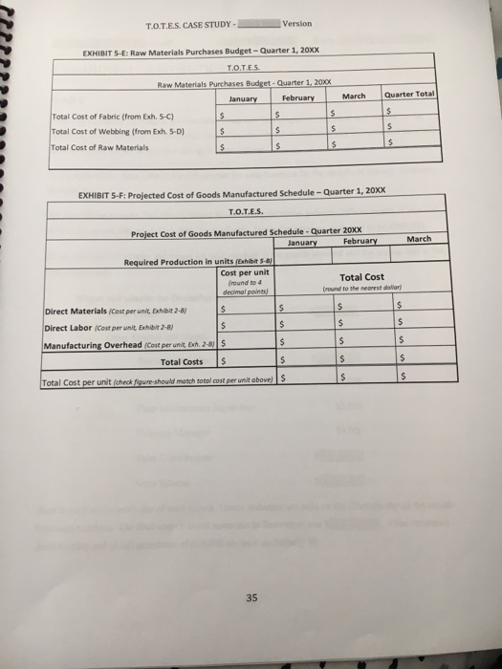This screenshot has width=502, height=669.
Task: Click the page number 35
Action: [251, 598]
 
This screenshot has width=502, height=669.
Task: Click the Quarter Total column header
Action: [409, 95]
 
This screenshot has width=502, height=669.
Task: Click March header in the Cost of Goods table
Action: [419, 239]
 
